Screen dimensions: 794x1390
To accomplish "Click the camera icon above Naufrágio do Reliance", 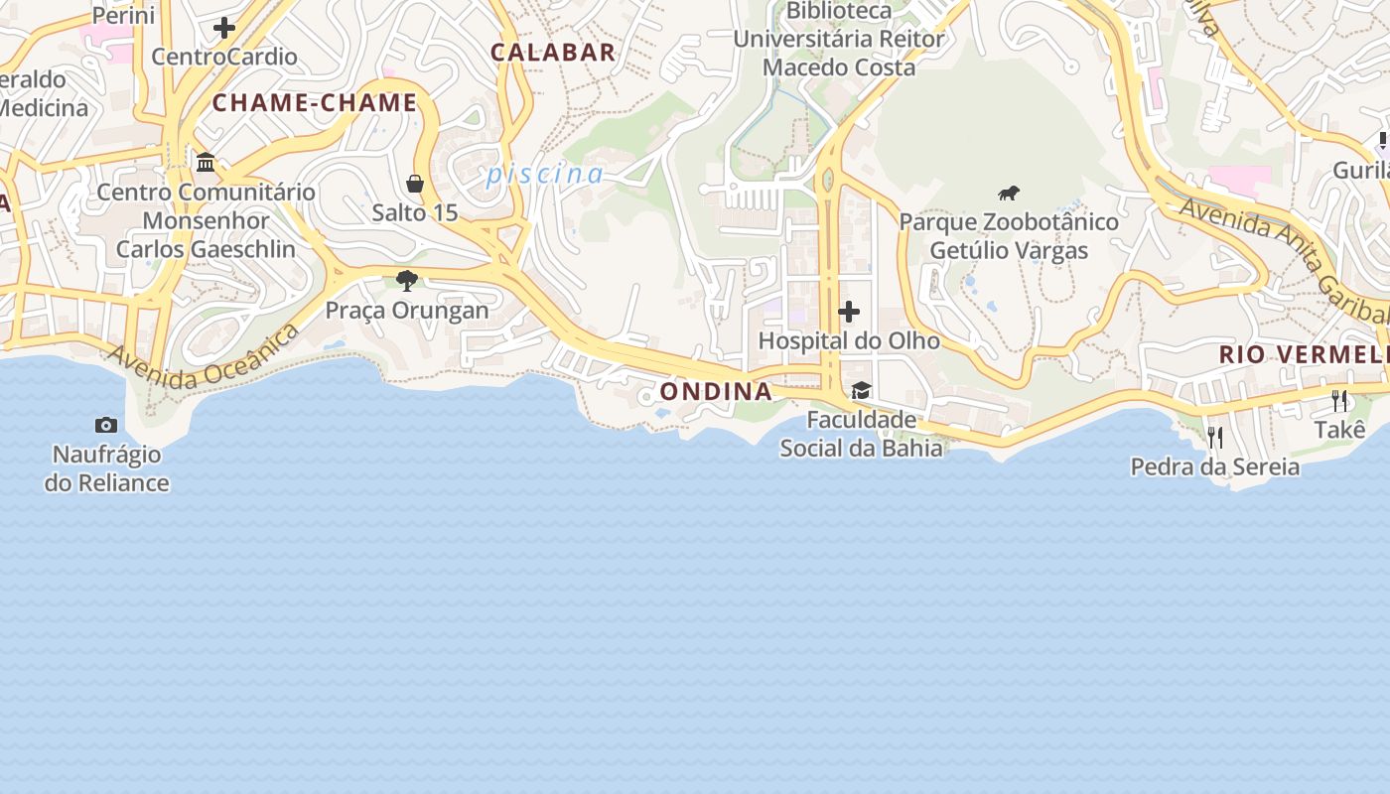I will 106,425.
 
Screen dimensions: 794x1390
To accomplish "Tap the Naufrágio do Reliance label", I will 107,469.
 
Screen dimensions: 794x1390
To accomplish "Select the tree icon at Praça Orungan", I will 406,280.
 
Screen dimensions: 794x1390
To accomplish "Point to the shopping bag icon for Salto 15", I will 415,184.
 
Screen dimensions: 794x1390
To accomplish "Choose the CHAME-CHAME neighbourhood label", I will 315,103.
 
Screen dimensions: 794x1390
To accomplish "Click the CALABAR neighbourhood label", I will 553,53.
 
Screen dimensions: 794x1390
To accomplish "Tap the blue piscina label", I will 545,175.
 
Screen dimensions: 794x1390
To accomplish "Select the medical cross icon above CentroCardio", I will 224,28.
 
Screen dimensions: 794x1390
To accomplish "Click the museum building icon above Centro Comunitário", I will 206,162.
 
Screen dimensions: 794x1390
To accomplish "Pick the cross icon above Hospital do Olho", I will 849,312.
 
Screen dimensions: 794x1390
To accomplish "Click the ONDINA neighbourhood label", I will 716,391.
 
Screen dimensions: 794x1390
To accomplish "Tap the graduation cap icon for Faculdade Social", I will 861,391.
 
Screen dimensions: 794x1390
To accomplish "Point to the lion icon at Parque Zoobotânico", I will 1009,193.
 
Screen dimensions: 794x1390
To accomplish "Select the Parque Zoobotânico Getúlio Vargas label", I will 1009,236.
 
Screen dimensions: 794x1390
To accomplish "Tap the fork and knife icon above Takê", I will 1339,401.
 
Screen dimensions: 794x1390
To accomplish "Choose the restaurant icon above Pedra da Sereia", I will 1214,437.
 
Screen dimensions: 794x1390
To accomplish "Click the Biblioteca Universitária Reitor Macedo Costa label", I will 839,40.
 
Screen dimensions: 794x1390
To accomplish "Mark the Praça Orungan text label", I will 407,311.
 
